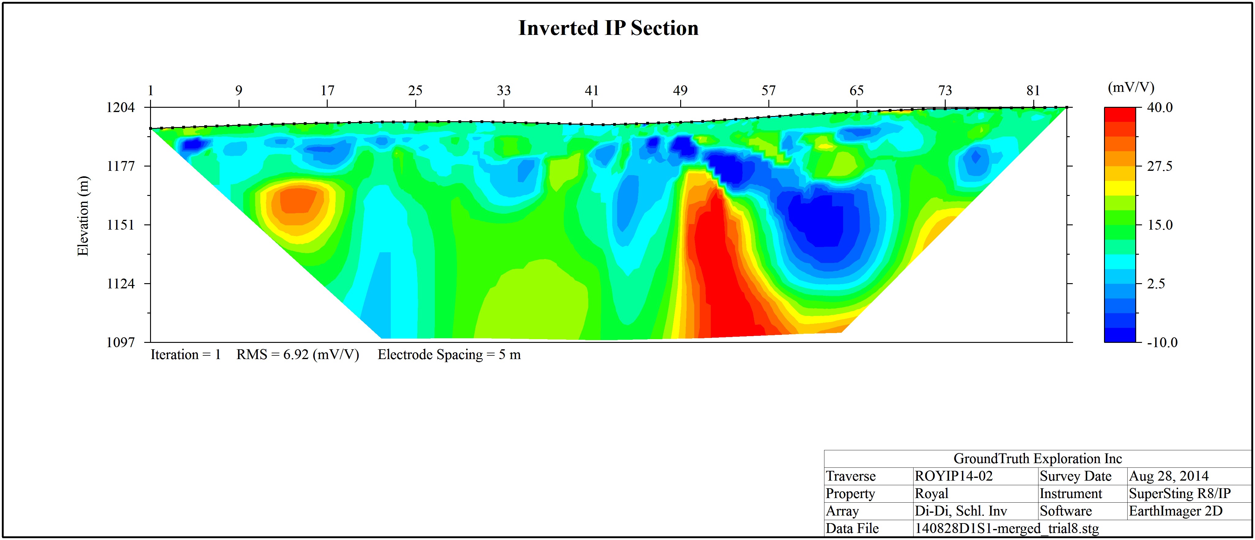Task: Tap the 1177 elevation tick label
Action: click(x=120, y=166)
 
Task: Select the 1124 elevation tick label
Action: click(x=120, y=283)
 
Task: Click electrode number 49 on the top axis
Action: click(x=680, y=91)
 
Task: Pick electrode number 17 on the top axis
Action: click(x=327, y=91)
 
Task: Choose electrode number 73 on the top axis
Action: click(x=945, y=91)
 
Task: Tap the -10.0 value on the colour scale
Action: click(x=1162, y=342)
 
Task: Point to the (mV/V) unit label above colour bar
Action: click(x=1131, y=87)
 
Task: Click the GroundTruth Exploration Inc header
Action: click(x=1038, y=459)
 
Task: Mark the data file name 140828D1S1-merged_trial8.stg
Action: click(x=1007, y=528)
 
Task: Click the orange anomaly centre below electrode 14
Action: click(x=297, y=201)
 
